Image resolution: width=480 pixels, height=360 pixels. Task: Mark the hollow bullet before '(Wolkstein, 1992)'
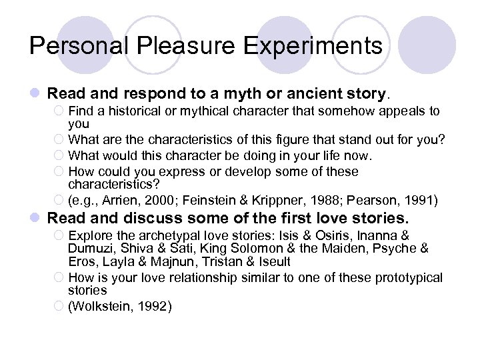59,307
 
